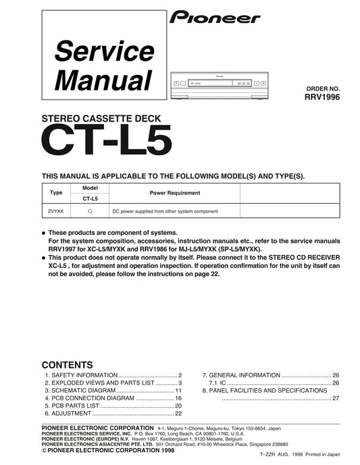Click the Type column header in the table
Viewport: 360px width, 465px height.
tap(56, 192)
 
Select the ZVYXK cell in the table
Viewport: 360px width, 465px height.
tap(56, 211)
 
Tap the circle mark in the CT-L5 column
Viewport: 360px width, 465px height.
tap(90, 211)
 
